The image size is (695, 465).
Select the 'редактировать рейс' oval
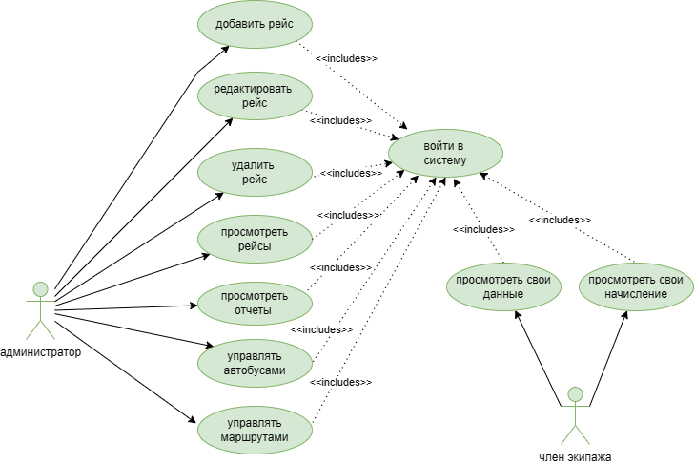click(x=255, y=95)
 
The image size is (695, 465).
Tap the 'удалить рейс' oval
click(x=255, y=172)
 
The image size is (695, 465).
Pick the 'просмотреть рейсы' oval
click(x=255, y=240)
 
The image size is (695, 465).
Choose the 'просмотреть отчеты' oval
click(x=255, y=304)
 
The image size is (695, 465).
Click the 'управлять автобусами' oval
click(x=255, y=363)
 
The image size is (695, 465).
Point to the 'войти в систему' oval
click(x=445, y=153)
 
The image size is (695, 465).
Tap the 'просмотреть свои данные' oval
click(x=501, y=286)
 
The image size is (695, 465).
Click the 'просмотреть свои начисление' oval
click(x=636, y=286)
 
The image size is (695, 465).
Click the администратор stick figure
click(x=40, y=311)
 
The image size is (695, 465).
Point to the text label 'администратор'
click(x=40, y=351)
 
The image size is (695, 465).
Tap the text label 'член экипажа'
click(x=575, y=456)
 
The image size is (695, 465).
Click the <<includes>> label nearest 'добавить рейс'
click(x=346, y=58)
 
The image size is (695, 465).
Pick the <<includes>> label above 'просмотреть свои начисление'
click(x=560, y=220)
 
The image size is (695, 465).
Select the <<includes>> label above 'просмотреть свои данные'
click(x=483, y=229)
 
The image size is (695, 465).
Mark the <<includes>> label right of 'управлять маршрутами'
click(x=340, y=382)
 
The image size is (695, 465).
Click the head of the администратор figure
click(x=40, y=288)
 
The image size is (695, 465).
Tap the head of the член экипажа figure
click(x=574, y=393)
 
